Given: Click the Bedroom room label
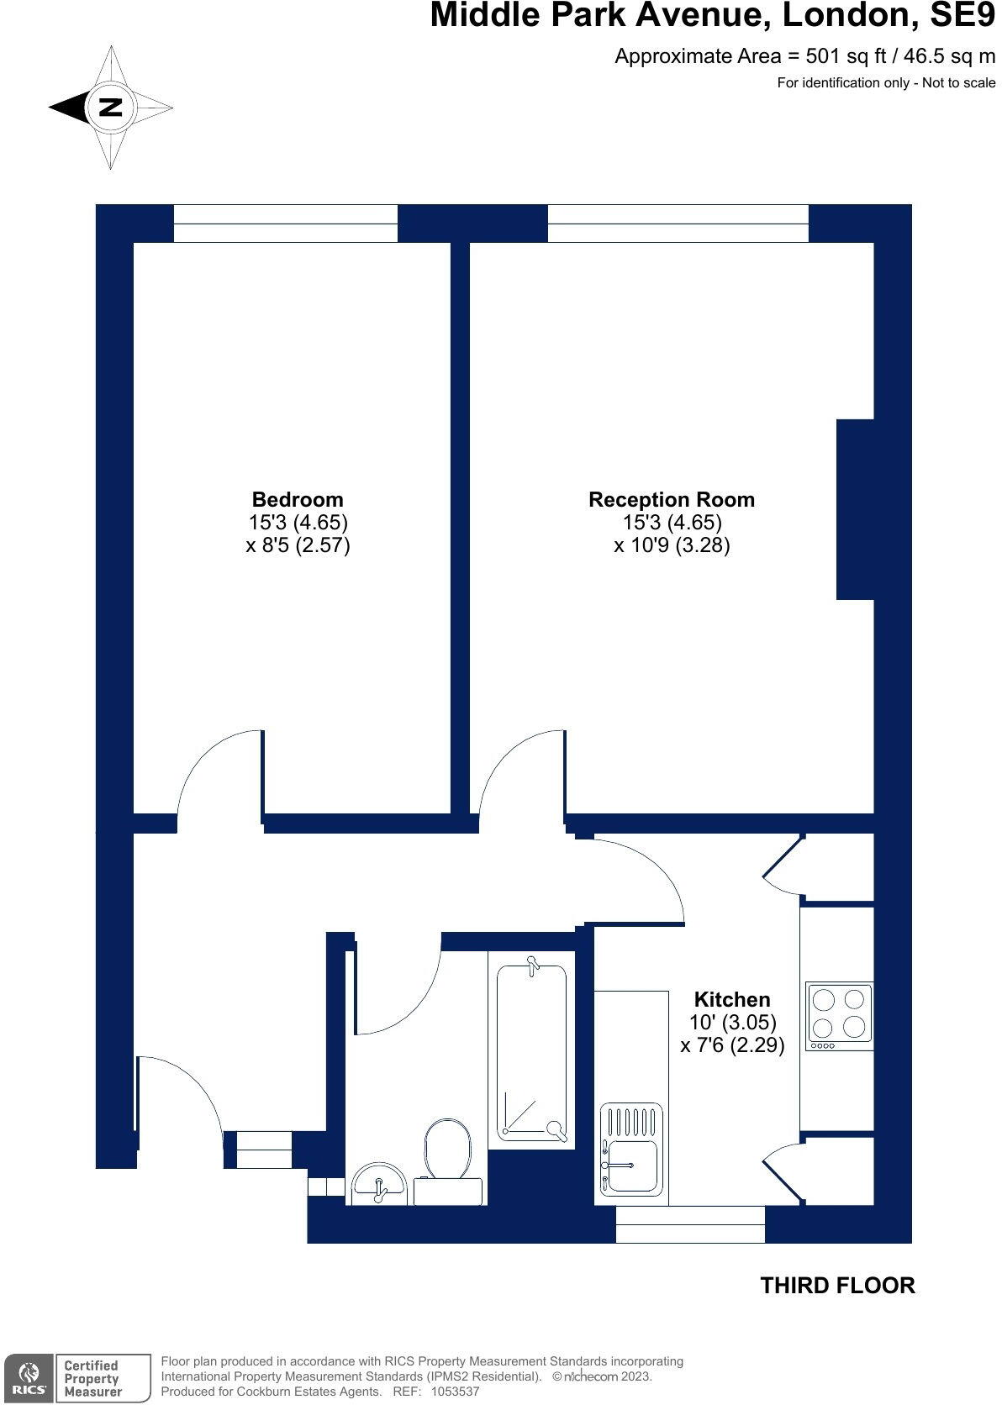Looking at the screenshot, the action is [298, 499].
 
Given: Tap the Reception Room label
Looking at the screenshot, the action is [672, 499].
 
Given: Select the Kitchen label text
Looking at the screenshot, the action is [731, 998].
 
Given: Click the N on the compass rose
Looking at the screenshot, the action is [111, 107].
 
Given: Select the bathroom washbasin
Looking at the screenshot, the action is [379, 1184].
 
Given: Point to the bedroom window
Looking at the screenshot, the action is [286, 224].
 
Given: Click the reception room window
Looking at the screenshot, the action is [678, 224].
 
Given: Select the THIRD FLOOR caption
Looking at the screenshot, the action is [837, 1285].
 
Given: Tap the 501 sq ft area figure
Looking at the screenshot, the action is [846, 56].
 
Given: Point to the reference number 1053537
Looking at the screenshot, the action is [455, 1392].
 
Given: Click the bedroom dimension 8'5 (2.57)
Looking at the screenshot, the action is [298, 545].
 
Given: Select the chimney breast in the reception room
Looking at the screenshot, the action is [855, 509].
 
